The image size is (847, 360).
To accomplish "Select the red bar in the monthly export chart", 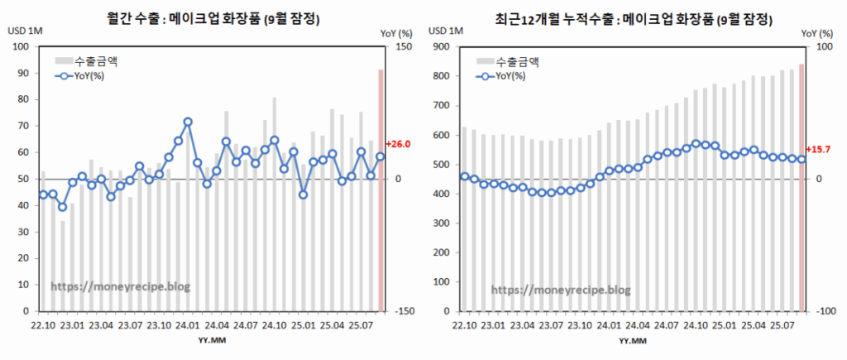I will click(381, 190).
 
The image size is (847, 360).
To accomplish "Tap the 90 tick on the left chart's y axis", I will click(22, 73).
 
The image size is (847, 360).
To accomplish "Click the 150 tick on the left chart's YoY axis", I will click(403, 46).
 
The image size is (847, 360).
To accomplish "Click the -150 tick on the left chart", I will click(402, 311).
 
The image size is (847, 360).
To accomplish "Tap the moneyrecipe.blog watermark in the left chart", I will click(121, 286).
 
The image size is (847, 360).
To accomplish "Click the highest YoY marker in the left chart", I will click(188, 122).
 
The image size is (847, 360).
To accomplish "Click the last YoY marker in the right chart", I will click(802, 159).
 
